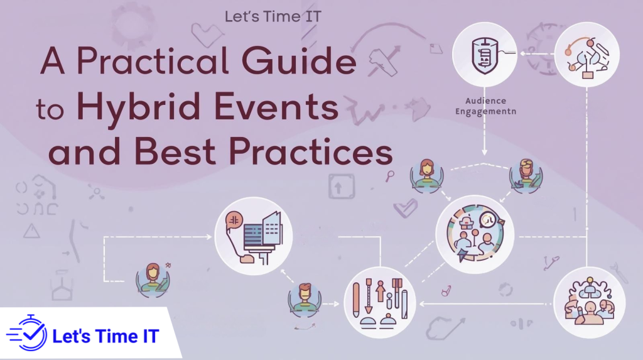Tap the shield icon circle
click(484, 55)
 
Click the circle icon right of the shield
click(588, 55)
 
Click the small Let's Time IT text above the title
click(273, 16)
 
